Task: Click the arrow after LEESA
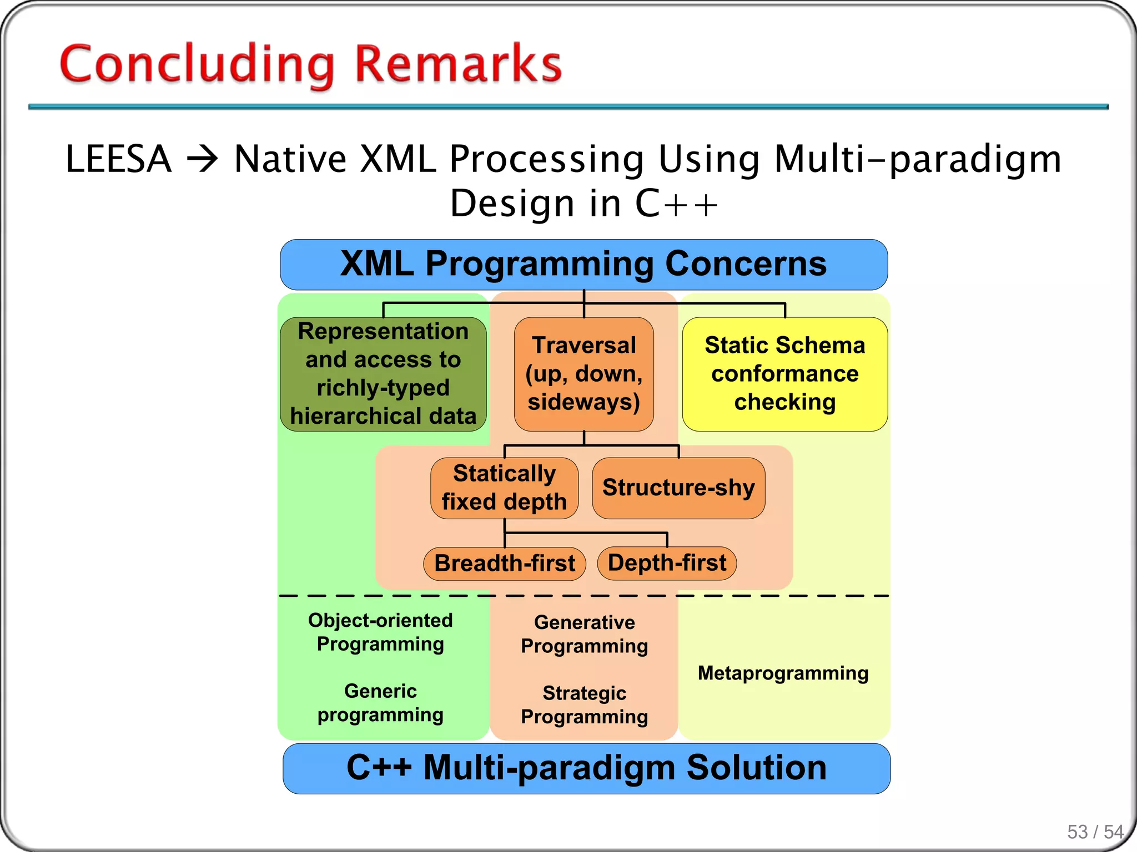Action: [203, 160]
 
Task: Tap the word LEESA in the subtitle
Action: [118, 160]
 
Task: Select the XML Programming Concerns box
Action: [583, 265]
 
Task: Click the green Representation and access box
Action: [383, 374]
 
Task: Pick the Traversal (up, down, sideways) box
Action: [583, 374]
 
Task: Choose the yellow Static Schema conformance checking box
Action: [784, 374]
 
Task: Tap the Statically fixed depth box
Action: [504, 488]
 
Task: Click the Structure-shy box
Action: [678, 488]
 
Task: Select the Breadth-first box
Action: [504, 564]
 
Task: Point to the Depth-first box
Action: [667, 563]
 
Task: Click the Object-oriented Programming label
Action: [380, 632]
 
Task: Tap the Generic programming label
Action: [380, 703]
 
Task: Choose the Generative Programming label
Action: [584, 635]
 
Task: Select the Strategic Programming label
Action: [584, 705]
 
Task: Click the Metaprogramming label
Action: [783, 673]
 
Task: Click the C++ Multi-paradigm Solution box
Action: [586, 768]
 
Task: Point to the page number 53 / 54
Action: [1095, 832]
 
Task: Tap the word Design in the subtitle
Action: [511, 204]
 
